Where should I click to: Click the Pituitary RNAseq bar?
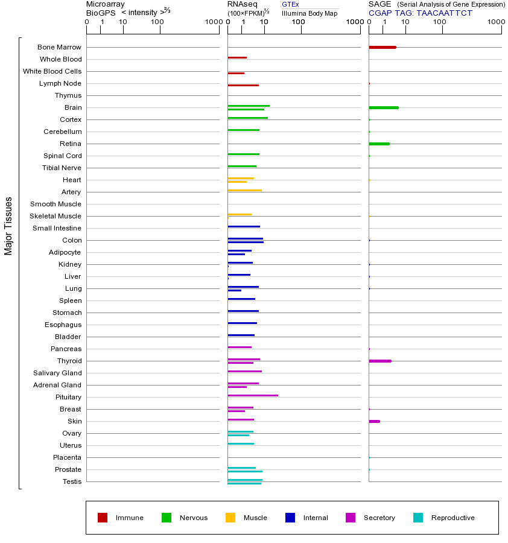point(253,395)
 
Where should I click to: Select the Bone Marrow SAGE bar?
point(382,47)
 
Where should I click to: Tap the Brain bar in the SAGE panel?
point(383,107)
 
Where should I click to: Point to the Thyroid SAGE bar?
point(379,361)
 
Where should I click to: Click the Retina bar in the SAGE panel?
point(379,144)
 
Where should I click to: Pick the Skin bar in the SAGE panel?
point(374,421)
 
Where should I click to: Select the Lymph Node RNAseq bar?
point(243,85)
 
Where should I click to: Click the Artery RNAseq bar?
point(244,190)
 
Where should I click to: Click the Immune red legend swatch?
point(103,518)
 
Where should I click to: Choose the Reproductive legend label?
point(452,518)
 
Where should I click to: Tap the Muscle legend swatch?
point(230,518)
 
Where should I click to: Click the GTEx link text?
point(290,4)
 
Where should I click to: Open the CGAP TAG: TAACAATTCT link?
point(421,13)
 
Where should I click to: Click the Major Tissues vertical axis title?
point(8,225)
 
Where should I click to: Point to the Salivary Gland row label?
point(57,373)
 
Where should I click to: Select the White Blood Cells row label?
point(52,71)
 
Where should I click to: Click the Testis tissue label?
point(72,481)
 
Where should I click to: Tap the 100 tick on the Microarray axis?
point(157,22)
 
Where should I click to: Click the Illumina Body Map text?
point(310,13)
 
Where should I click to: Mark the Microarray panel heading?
point(106,4)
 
